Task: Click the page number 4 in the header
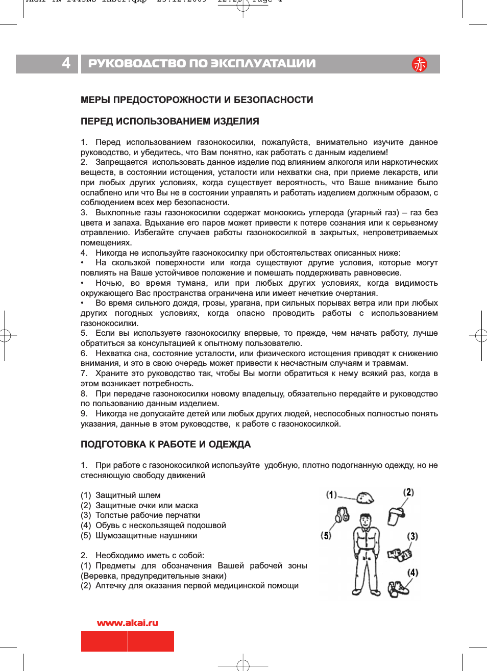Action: [66, 63]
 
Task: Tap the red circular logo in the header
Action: [420, 64]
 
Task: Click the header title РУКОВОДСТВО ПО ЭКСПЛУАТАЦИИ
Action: [202, 64]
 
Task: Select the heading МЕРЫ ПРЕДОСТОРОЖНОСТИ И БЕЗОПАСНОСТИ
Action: [197, 100]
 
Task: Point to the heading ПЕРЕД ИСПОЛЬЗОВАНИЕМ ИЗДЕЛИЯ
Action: [169, 121]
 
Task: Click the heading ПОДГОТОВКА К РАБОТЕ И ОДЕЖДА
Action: [165, 444]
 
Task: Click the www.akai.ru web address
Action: [128, 623]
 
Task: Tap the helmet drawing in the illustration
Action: [365, 498]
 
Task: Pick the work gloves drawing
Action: [399, 554]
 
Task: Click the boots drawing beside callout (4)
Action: [398, 588]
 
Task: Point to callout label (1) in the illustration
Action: [331, 495]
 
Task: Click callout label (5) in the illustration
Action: [326, 535]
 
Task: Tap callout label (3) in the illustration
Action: [412, 536]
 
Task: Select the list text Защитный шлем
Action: [128, 495]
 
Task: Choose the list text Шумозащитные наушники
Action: [146, 536]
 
